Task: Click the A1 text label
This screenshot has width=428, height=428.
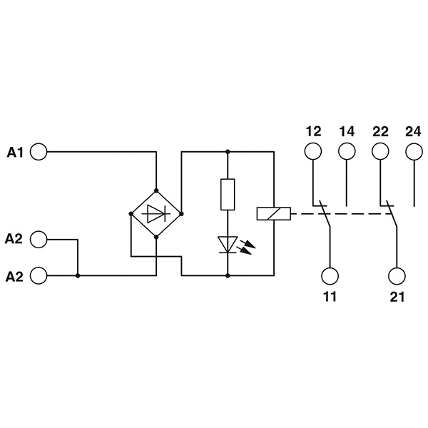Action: coord(15,152)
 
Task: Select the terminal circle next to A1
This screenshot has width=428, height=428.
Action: coord(39,151)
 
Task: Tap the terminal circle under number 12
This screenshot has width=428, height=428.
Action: coord(313,151)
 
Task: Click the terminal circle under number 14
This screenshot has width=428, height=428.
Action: coord(347,151)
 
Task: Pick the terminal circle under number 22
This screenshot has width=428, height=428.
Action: coord(380,151)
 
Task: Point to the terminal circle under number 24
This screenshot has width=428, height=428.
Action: coord(414,151)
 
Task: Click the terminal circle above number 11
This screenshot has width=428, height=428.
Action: coord(330,276)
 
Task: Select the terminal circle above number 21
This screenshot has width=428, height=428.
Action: coord(397,276)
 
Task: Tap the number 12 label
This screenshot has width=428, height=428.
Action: coord(313,131)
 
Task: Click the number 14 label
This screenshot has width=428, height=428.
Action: coord(347,131)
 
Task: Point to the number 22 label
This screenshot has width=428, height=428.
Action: coord(380,131)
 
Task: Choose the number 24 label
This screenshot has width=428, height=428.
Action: coord(413,131)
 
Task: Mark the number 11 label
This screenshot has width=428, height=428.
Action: coord(330,297)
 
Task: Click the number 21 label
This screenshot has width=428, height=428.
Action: coord(397,297)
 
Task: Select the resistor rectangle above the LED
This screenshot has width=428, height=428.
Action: coord(228,194)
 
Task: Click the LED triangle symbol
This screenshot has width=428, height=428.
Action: coord(228,245)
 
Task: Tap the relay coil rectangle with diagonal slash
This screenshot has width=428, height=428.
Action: coord(274,213)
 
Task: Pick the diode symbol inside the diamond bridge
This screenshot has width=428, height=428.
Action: coord(156,213)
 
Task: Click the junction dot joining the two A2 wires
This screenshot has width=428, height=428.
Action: coord(78,275)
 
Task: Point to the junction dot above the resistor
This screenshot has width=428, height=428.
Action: coord(228,151)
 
